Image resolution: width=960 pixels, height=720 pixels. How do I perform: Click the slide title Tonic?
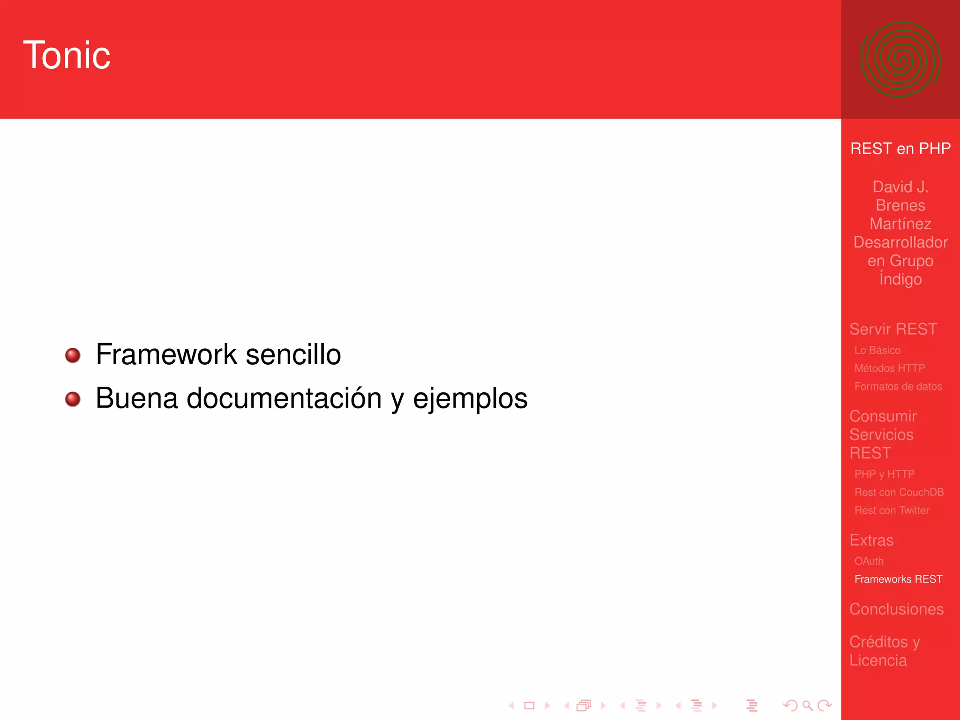pos(67,55)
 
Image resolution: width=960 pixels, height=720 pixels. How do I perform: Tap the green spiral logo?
pos(900,60)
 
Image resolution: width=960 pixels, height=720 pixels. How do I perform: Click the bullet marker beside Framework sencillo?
pos(73,355)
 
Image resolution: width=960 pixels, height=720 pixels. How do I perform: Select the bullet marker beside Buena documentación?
pos(73,399)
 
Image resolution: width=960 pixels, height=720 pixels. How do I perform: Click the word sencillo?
pos(293,354)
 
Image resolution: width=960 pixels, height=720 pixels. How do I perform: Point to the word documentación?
pos(284,398)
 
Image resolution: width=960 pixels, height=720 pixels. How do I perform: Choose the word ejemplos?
pos(470,399)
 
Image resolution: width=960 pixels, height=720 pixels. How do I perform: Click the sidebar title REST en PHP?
pos(900,149)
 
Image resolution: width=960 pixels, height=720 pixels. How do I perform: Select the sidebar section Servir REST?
pos(893,329)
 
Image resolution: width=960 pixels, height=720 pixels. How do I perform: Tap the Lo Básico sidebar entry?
pos(877,350)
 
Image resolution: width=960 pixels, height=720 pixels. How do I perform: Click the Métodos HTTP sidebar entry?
pos(889,368)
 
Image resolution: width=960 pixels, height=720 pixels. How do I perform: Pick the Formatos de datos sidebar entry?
pos(898,387)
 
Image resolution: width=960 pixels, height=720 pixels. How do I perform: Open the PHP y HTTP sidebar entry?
pos(884,474)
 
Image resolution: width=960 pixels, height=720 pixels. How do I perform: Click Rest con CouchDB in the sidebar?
pos(899,492)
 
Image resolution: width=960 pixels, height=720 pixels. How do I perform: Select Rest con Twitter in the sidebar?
pos(892,510)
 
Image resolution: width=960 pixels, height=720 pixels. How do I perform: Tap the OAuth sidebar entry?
pos(869,561)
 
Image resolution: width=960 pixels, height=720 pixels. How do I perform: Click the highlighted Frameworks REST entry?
pos(898,579)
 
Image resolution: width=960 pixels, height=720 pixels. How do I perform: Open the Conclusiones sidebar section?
pos(896,609)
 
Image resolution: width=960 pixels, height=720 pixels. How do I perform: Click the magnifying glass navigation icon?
pos(807,705)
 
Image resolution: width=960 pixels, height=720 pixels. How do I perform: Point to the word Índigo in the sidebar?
pos(900,279)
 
